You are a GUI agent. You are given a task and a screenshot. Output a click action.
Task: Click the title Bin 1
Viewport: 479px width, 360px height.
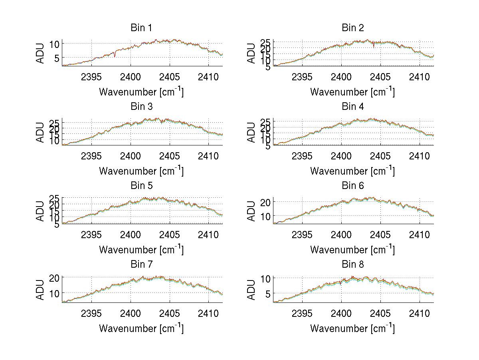pyautogui.click(x=141, y=28)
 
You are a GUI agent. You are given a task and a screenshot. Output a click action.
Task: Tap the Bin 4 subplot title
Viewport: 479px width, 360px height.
pyautogui.click(x=353, y=107)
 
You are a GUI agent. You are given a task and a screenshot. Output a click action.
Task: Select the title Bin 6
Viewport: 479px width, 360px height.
pyautogui.click(x=353, y=186)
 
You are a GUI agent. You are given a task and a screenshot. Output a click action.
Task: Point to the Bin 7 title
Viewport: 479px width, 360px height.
pyautogui.click(x=141, y=265)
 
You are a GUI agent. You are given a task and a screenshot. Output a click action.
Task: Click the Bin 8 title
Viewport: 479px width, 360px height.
pyautogui.click(x=353, y=265)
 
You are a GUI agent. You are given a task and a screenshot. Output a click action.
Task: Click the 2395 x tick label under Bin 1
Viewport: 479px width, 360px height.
pyautogui.click(x=91, y=77)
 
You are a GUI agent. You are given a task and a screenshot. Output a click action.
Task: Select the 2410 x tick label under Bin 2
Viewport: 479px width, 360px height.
pyautogui.click(x=420, y=77)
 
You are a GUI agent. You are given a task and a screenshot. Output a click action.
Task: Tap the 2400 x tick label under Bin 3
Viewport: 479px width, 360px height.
pyautogui.click(x=131, y=155)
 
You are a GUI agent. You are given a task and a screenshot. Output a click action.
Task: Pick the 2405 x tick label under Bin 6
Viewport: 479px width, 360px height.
pyautogui.click(x=380, y=235)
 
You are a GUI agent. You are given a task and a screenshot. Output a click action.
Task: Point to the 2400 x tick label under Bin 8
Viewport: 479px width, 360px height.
pyautogui.click(x=341, y=313)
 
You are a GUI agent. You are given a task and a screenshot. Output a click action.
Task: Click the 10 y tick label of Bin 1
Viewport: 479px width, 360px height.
pyautogui.click(x=55, y=44)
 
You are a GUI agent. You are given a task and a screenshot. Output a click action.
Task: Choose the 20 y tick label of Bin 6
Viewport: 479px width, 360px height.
pyautogui.click(x=265, y=202)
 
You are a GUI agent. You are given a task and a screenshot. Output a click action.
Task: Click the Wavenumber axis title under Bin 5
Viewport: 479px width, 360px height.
pyautogui.click(x=141, y=250)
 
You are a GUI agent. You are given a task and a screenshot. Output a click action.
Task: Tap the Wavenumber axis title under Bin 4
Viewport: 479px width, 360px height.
pyautogui.click(x=352, y=171)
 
